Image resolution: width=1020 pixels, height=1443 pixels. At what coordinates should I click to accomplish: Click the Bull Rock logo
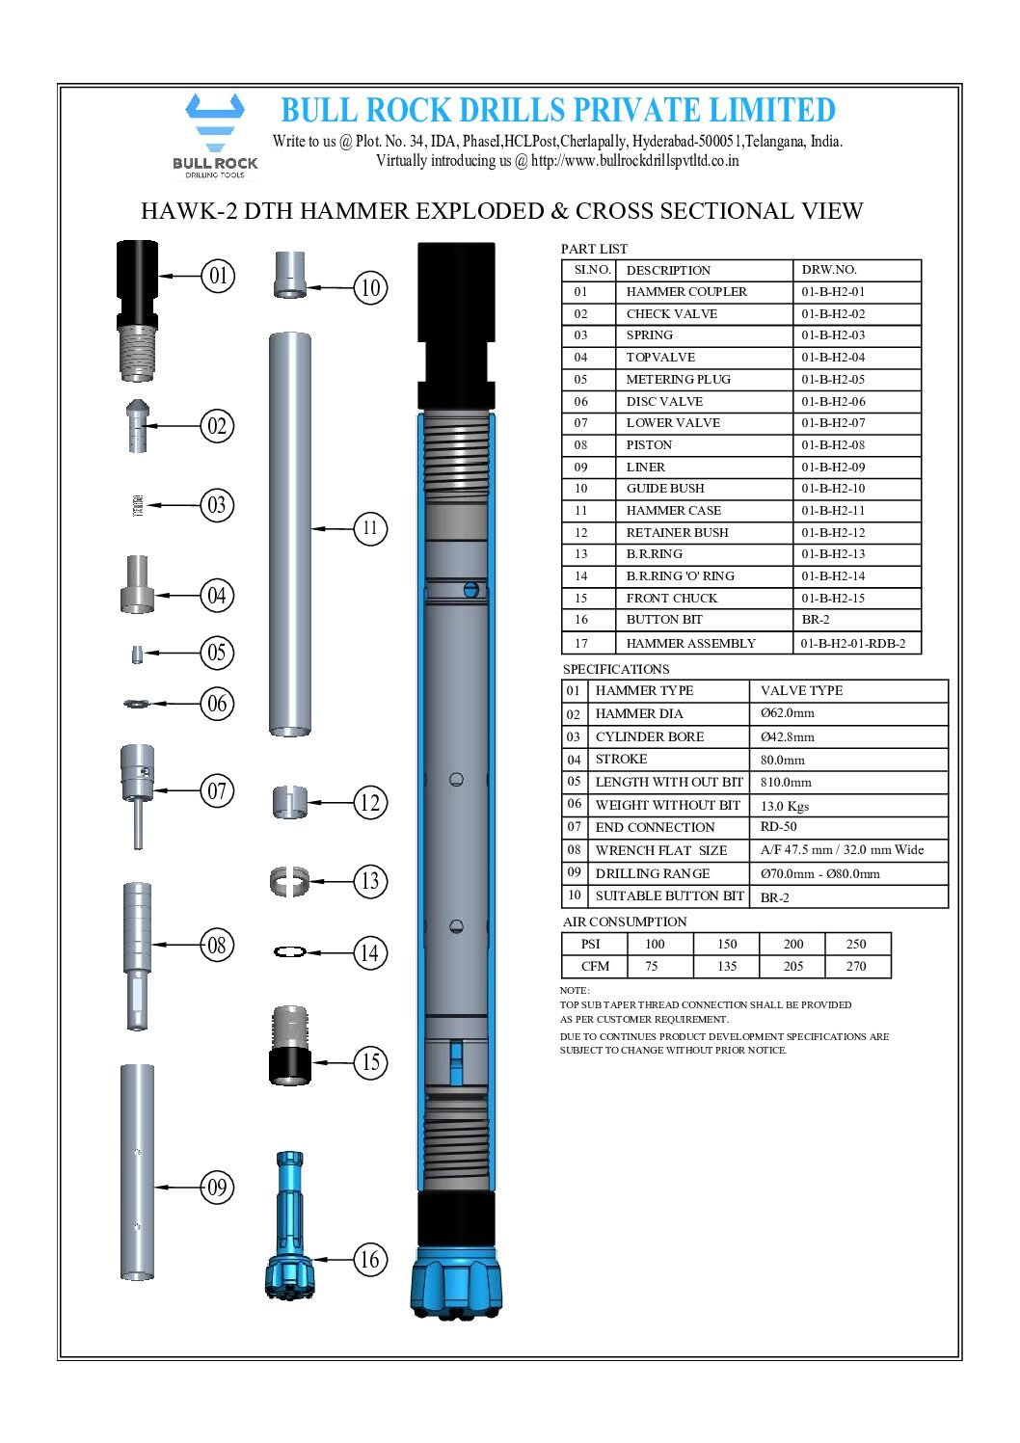(215, 135)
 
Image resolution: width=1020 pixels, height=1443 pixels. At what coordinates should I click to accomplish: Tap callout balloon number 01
(219, 276)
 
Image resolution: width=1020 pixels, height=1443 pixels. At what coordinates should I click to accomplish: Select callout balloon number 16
(370, 1259)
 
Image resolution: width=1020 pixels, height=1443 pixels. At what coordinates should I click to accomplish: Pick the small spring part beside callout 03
(137, 505)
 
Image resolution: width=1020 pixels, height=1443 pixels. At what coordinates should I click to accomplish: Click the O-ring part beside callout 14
(290, 952)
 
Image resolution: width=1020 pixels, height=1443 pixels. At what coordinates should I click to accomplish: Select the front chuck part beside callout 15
(290, 1046)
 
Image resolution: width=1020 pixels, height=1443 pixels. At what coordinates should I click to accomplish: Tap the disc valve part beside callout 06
(137, 704)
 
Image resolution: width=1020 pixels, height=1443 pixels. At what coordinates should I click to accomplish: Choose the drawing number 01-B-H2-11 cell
(833, 511)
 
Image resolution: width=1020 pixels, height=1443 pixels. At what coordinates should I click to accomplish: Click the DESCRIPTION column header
(668, 271)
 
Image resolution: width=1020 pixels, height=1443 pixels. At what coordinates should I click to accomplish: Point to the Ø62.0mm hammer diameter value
(787, 713)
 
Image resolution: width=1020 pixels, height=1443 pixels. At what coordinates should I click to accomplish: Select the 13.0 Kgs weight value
(785, 806)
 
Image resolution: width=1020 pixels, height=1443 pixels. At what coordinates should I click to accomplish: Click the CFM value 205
(792, 966)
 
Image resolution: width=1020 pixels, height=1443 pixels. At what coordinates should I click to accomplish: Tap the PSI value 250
(856, 944)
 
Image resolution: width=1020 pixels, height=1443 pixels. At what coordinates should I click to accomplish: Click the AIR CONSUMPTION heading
(625, 922)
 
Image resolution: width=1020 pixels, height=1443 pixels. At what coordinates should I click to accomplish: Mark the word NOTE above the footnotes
(574, 990)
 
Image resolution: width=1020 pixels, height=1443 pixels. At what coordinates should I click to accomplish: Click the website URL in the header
(634, 161)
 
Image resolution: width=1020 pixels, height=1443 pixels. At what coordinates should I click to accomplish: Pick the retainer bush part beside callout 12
(290, 802)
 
